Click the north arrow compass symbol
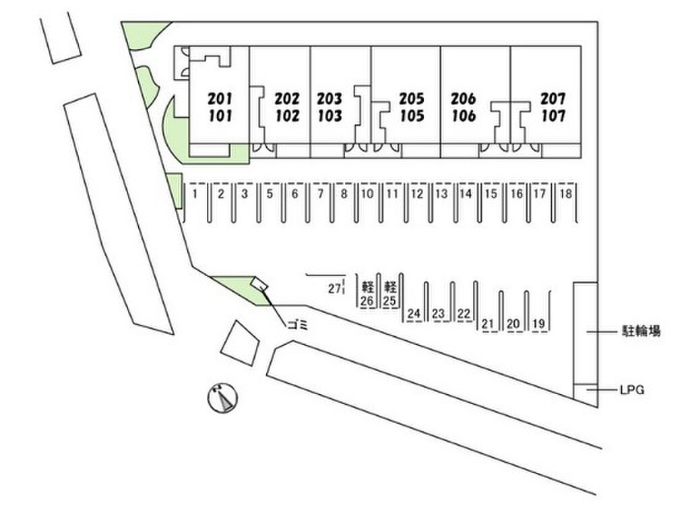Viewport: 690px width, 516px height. point(222,397)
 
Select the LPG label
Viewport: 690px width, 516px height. point(631,389)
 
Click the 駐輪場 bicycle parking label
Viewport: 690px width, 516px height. point(640,331)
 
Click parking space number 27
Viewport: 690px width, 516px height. point(333,289)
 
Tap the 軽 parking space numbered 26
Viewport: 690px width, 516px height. point(367,293)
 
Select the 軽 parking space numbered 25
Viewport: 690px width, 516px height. point(389,293)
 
